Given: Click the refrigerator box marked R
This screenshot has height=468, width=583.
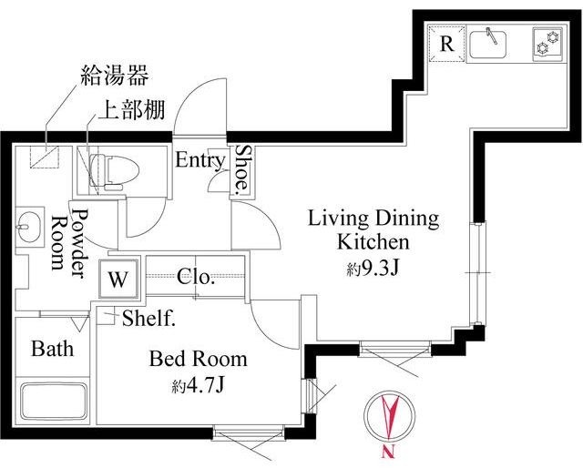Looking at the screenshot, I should point(446,44).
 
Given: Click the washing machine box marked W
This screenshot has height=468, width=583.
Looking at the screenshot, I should point(120,280).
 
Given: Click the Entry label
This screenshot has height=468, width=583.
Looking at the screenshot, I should point(199,161).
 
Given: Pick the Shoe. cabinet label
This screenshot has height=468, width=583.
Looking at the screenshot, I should point(242,170).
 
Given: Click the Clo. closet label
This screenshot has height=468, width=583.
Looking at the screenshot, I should point(196,278).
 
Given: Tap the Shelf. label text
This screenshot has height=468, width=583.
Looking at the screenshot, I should point(148,319).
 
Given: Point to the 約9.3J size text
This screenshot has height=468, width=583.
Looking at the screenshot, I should point(373,270).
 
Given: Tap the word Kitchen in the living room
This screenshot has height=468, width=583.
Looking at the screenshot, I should point(373,243).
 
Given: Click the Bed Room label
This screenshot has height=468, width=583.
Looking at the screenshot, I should point(198,359).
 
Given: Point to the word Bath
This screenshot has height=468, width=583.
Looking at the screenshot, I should point(52,349).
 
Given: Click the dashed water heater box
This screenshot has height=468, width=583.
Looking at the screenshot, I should point(40,157).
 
